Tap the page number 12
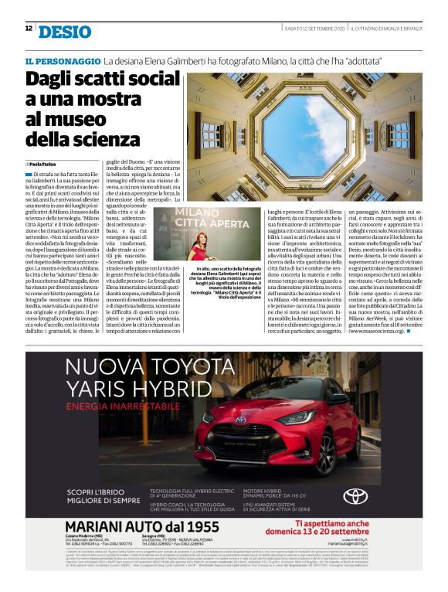[x=28, y=29]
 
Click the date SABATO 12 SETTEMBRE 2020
[x=313, y=29]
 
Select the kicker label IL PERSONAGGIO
[x=62, y=60]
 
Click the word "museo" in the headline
[x=80, y=120]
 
